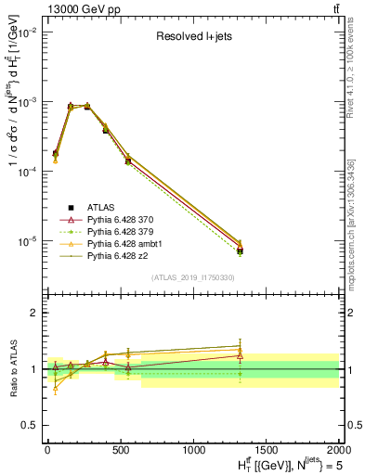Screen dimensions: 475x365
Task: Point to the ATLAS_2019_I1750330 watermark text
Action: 191,277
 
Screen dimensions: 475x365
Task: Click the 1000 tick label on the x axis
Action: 193,448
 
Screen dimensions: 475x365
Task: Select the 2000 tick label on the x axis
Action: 339,448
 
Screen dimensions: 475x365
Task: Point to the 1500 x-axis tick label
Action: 267,448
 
